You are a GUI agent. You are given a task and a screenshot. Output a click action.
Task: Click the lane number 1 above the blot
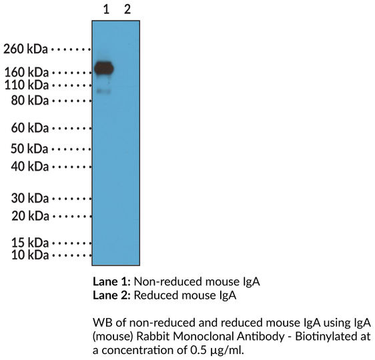(x=105, y=9)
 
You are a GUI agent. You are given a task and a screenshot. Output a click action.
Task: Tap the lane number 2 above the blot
(x=127, y=9)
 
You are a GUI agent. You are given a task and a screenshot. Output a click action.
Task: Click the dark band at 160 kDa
(x=104, y=67)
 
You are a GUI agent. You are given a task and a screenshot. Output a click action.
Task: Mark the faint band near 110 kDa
(x=103, y=91)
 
